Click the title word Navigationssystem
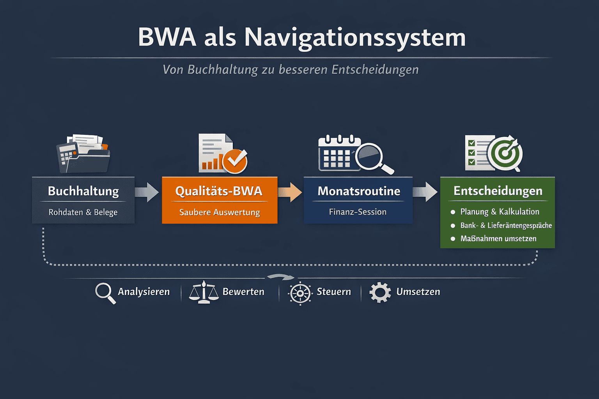click(x=355, y=38)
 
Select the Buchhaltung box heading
click(x=83, y=191)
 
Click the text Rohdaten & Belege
click(x=83, y=212)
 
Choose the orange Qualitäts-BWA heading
click(x=219, y=191)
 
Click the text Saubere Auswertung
click(x=220, y=212)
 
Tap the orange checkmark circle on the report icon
click(x=235, y=160)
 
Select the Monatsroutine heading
click(x=359, y=191)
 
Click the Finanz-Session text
click(x=358, y=212)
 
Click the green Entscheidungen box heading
click(x=498, y=191)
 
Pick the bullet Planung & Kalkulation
click(x=500, y=212)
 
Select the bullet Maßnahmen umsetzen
click(x=498, y=238)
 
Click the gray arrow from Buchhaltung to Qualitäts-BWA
click(x=147, y=192)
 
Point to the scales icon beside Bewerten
click(x=204, y=292)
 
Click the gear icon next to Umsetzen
click(x=380, y=292)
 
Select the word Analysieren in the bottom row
click(x=144, y=292)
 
